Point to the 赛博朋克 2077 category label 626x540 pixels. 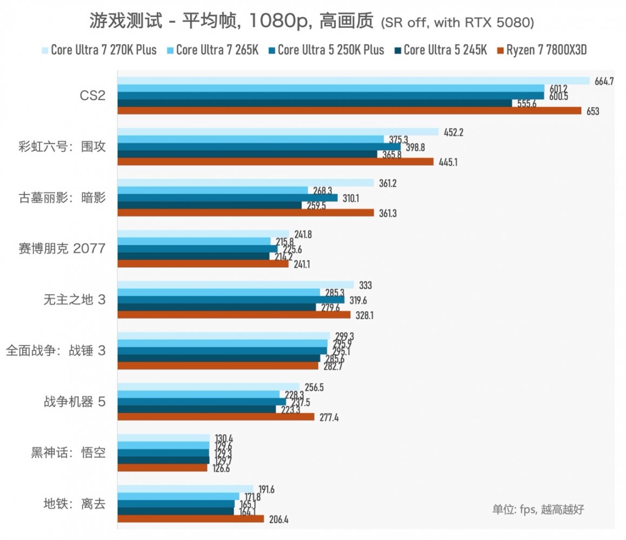pos(61,248)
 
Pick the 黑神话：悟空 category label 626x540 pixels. pos(68,453)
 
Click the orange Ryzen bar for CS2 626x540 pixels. pos(349,111)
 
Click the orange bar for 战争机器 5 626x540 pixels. pos(216,417)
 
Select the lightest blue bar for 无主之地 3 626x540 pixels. pos(235,285)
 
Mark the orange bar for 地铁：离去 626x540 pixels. pos(190,519)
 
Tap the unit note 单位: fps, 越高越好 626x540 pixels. pos(538,509)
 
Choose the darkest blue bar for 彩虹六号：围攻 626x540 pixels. pos(247,154)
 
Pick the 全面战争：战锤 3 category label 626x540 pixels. pos(56,350)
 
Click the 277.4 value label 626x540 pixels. pos(329,417)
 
